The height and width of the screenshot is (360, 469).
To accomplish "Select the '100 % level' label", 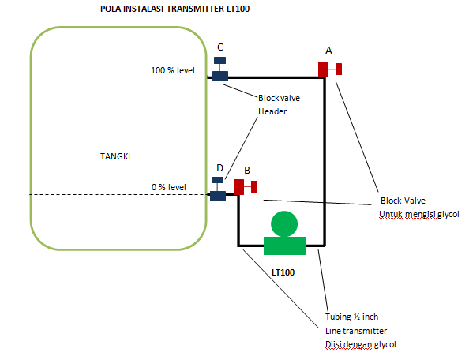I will click(x=172, y=70).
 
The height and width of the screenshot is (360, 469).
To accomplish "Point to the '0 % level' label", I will click(x=169, y=187).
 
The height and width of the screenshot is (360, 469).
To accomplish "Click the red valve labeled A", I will click(x=327, y=69).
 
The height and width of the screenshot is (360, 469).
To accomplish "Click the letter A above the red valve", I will click(x=327, y=48).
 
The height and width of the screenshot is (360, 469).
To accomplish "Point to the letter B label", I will click(x=247, y=170).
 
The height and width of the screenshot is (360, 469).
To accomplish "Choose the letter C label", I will click(x=220, y=47).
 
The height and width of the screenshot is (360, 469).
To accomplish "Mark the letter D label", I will click(x=219, y=167).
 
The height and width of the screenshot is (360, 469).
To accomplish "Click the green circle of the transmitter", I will click(x=283, y=224).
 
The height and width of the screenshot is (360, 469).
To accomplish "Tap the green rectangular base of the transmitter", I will click(x=283, y=246).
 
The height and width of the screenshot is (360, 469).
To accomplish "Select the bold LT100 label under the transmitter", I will click(x=283, y=272).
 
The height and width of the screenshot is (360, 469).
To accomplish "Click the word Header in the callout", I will click(x=272, y=112).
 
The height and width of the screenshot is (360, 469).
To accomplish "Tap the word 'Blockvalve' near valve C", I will click(x=279, y=98).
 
